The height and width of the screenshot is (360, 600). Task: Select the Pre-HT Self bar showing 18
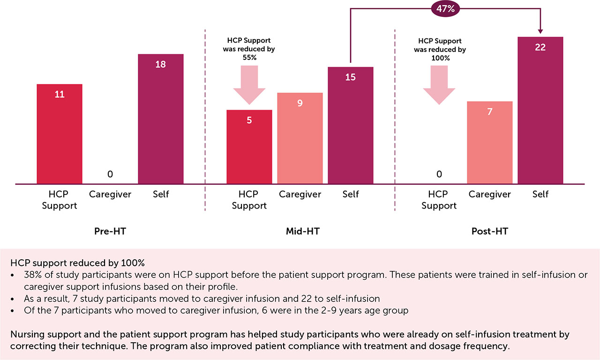(161, 119)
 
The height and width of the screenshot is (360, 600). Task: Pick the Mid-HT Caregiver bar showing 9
(300, 138)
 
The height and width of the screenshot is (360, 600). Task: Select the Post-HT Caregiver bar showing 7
(490, 142)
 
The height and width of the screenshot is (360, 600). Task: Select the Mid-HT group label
(300, 232)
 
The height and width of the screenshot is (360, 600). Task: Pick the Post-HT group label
(490, 232)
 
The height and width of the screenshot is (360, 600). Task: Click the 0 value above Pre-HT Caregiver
(110, 174)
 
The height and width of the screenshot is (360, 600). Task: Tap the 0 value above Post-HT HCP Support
(439, 174)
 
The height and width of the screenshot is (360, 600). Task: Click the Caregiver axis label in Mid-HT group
(300, 195)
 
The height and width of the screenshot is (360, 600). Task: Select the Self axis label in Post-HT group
(540, 195)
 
